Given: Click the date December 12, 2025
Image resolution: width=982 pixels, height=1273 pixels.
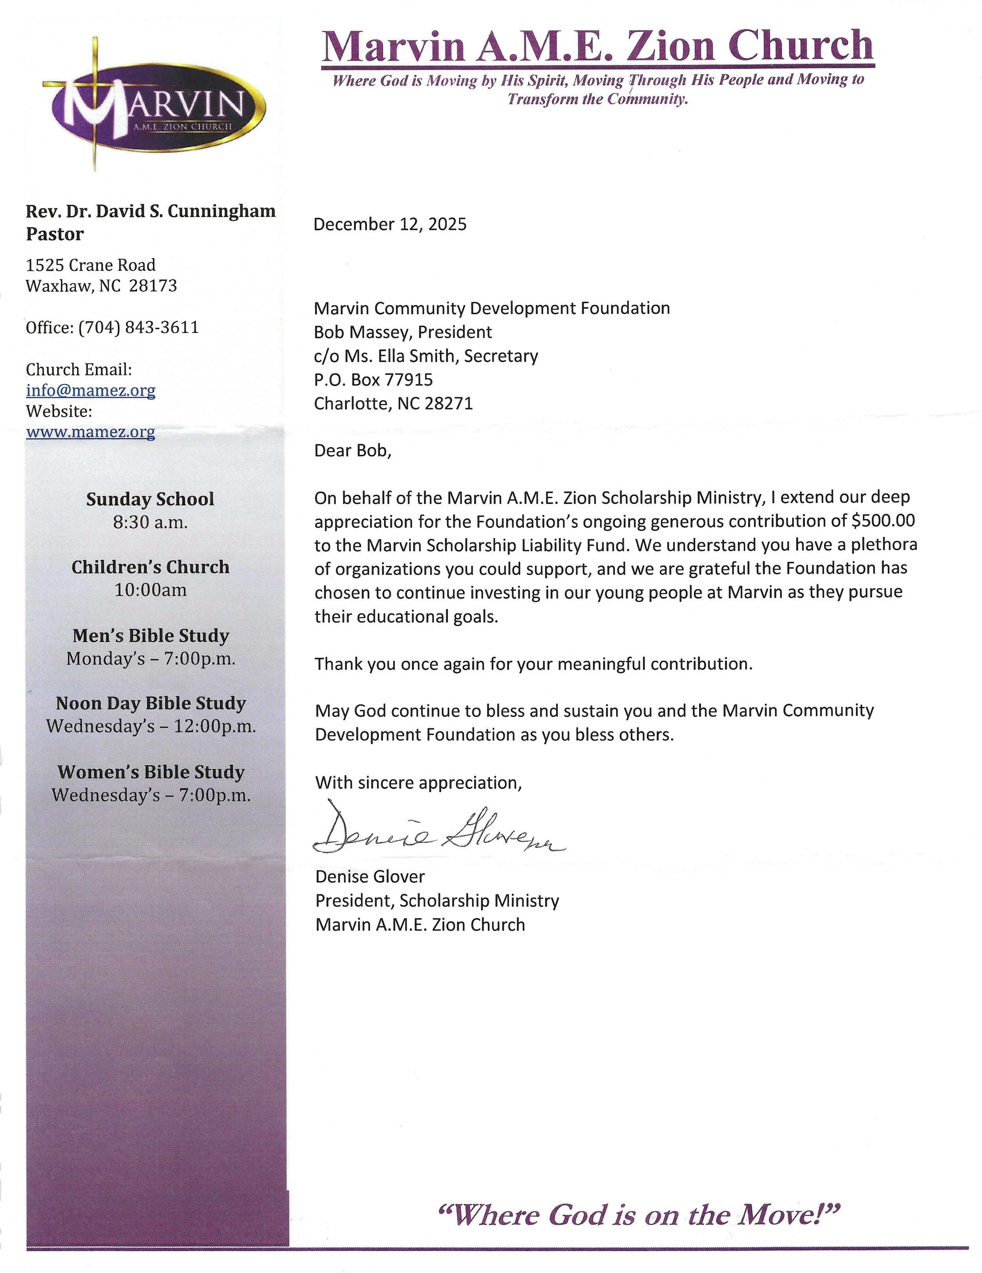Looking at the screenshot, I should click(390, 224).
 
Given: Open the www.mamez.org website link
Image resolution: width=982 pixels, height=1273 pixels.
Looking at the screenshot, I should click(90, 432).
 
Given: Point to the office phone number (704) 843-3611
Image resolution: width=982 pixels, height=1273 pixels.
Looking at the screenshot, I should click(139, 327).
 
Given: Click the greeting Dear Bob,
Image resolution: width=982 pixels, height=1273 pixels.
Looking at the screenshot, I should click(352, 450).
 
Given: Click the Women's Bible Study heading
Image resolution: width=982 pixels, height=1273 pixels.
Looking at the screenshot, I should click(151, 772).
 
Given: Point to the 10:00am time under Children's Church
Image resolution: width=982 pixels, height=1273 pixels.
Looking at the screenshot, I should click(150, 590).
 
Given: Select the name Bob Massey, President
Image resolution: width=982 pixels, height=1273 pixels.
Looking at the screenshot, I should click(403, 332).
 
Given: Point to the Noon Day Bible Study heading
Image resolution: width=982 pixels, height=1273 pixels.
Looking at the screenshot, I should click(151, 704).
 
